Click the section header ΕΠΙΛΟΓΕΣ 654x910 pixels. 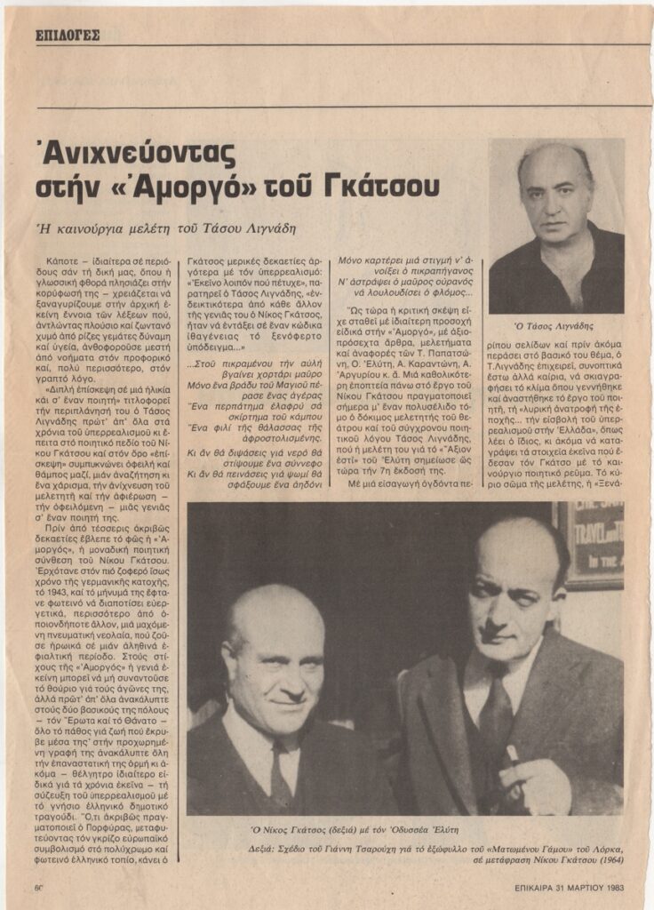tap(68, 36)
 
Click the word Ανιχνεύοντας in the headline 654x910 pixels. tap(136, 156)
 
